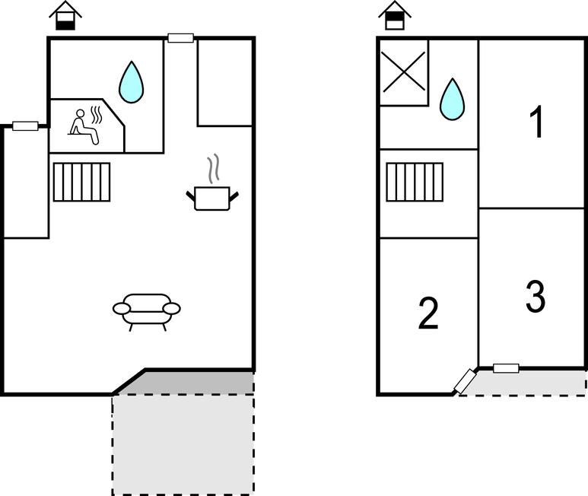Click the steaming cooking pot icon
(x=213, y=197)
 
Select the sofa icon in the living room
(x=147, y=309)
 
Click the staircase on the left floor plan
(x=82, y=182)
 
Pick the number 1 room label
(x=537, y=122)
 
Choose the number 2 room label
(x=429, y=313)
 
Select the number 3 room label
(x=536, y=297)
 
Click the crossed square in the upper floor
(x=403, y=72)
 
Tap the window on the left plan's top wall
(x=180, y=38)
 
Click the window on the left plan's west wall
(x=25, y=126)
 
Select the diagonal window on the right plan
(x=464, y=381)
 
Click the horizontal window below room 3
(x=506, y=368)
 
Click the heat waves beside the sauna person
(x=97, y=115)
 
